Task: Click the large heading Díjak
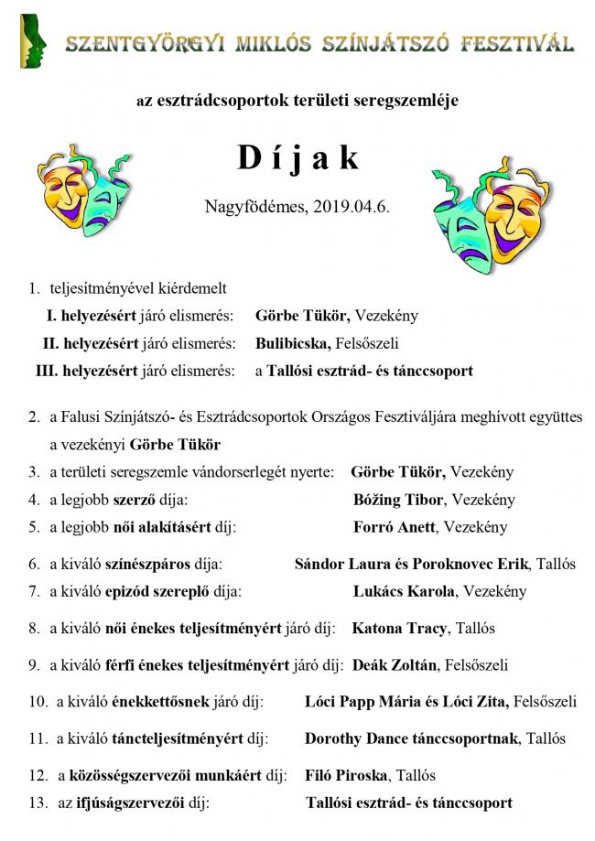coord(297,158)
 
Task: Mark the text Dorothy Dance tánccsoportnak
coord(412,738)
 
